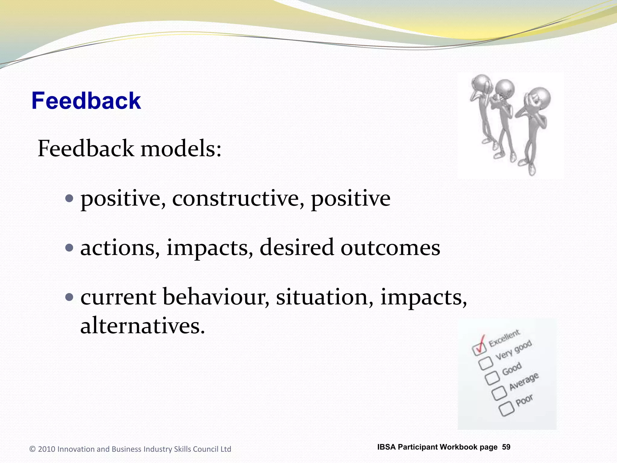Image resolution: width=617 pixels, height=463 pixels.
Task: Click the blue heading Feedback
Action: (x=86, y=101)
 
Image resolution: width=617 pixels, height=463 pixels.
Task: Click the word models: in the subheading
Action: (x=181, y=149)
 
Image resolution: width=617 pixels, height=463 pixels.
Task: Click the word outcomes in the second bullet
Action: (x=390, y=248)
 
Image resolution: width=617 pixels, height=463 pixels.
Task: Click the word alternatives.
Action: (x=142, y=326)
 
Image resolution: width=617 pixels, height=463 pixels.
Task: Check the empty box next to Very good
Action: (x=486, y=363)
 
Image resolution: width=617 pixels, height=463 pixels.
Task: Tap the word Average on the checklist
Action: (x=524, y=381)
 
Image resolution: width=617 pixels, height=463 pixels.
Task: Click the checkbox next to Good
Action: (x=492, y=378)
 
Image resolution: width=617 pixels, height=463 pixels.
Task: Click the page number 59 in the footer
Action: (x=506, y=447)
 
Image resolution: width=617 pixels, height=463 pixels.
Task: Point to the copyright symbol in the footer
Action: (x=33, y=449)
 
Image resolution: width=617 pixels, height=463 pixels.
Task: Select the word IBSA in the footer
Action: (x=386, y=447)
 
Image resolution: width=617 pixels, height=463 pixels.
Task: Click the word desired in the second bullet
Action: (x=296, y=248)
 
